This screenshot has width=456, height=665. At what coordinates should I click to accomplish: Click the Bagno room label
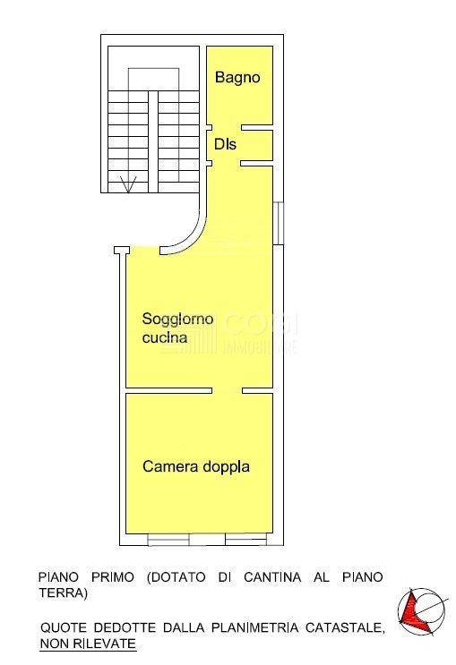point(237,78)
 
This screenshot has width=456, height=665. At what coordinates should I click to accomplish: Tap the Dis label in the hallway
point(225,143)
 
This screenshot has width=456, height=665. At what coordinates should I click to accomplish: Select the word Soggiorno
point(177,319)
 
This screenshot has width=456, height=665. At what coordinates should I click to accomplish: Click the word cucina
point(165,337)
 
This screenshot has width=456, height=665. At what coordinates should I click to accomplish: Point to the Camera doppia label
point(196,466)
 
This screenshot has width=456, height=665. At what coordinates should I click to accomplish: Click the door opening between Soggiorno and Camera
point(227,391)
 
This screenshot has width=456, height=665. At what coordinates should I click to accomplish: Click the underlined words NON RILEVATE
point(88,644)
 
